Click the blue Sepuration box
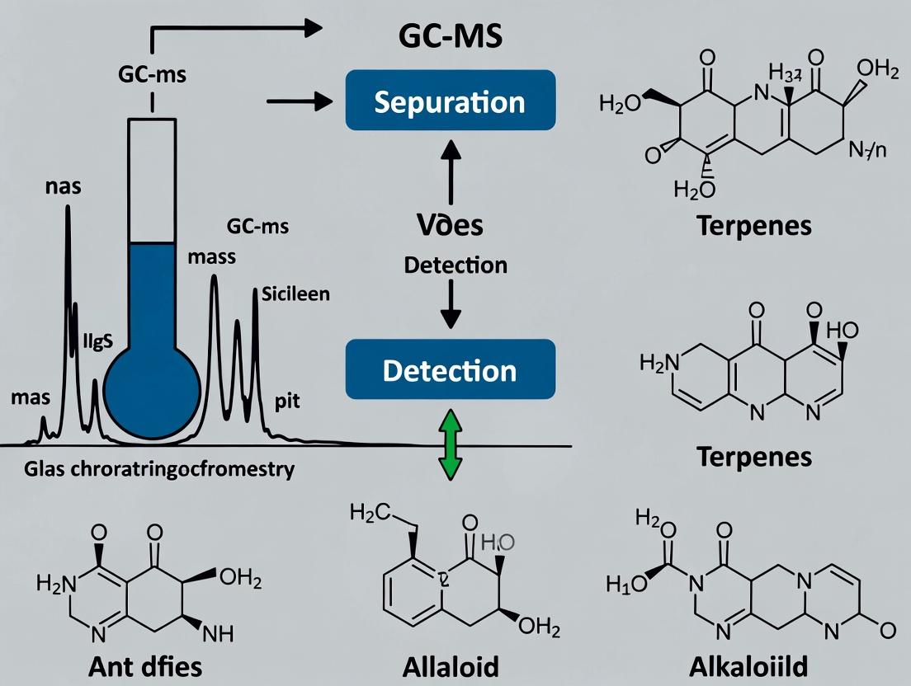pos(450,102)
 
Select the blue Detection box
pos(450,371)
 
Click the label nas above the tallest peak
pos(63,186)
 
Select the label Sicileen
pos(295,293)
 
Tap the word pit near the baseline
pos(286,402)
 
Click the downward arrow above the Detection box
pos(451,303)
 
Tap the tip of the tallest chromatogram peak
pos(68,206)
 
